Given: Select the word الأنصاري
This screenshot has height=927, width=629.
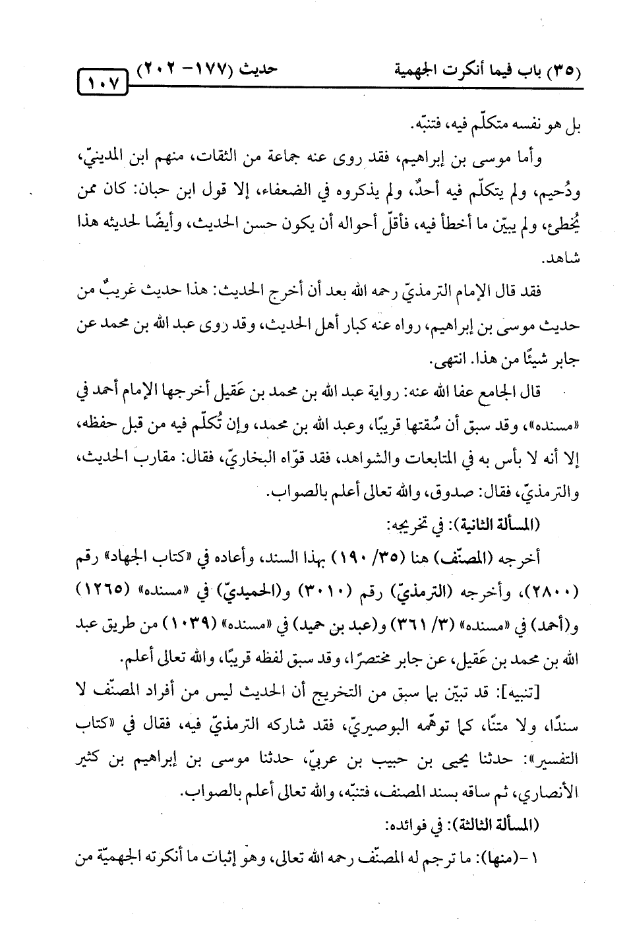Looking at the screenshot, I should (x=553, y=796).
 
